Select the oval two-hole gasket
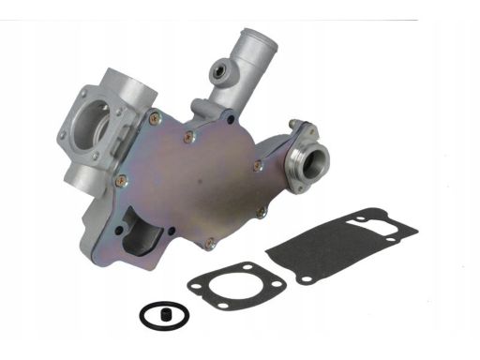coord(230,286)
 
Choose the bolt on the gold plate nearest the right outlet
coord(257,165)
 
